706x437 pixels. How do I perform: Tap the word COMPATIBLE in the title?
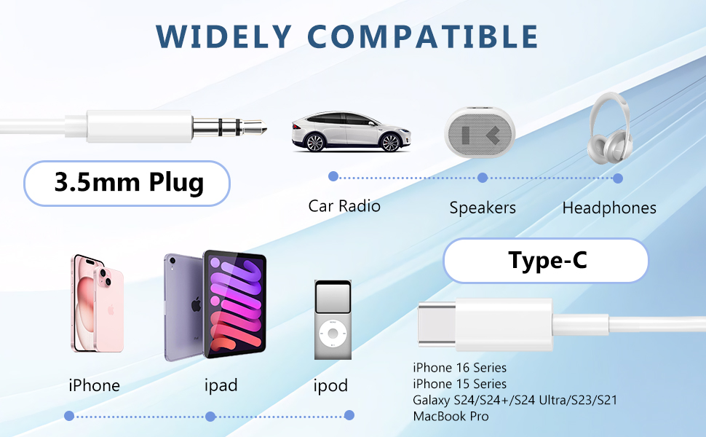pos(424,36)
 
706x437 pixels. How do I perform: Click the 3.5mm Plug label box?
pos(128,182)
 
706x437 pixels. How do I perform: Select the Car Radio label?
pos(344,206)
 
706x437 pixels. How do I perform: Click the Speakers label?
pos(483,208)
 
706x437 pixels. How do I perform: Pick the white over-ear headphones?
pos(616,125)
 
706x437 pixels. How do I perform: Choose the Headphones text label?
pos(609,208)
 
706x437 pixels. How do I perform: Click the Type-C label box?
pos(545,260)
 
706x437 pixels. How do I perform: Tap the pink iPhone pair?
pos(97,302)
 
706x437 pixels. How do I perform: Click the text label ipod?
pos(330,386)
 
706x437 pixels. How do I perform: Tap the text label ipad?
pos(221,385)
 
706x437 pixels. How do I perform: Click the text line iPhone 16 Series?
pos(459,368)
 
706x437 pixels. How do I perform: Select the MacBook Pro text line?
pos(451,417)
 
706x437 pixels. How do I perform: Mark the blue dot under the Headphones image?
pos(618,178)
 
